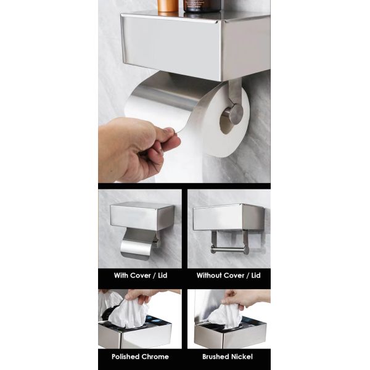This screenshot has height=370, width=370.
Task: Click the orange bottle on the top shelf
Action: [167, 6]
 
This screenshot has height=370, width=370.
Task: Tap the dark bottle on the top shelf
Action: [202, 6]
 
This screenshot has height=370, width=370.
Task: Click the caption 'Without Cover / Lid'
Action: [229, 275]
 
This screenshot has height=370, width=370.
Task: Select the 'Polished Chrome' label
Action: [140, 356]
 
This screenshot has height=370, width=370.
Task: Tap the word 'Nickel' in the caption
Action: [242, 356]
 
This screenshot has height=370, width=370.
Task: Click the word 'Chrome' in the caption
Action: [154, 356]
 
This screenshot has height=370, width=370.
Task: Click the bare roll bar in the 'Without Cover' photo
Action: [228, 249]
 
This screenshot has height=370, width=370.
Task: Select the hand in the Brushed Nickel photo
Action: [250, 298]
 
